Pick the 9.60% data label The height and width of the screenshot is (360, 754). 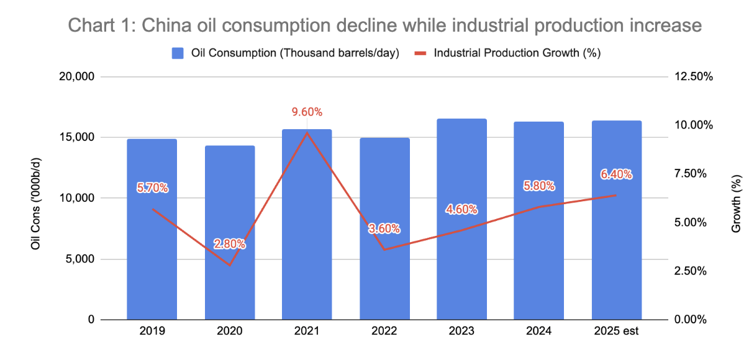pyautogui.click(x=307, y=112)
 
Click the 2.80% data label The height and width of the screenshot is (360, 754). pyautogui.click(x=230, y=244)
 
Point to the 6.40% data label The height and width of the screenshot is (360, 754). pyautogui.click(x=616, y=175)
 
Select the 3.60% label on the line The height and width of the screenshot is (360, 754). pyautogui.click(x=384, y=228)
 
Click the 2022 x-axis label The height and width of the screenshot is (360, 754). pyautogui.click(x=384, y=331)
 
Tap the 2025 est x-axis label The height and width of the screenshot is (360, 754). pyautogui.click(x=616, y=331)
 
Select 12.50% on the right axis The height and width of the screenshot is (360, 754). pyautogui.click(x=691, y=77)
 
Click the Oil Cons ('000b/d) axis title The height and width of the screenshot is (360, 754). pyautogui.click(x=37, y=199)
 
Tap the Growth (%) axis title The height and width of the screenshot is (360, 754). pyautogui.click(x=736, y=204)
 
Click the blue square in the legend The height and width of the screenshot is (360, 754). pyautogui.click(x=177, y=53)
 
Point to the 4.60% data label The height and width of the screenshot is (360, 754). pyautogui.click(x=461, y=209)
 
